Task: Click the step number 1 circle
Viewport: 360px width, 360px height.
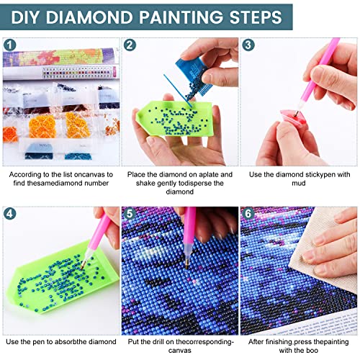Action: pyautogui.click(x=10, y=45)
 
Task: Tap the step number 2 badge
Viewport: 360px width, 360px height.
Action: pyautogui.click(x=130, y=45)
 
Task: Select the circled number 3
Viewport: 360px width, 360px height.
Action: pyautogui.click(x=248, y=45)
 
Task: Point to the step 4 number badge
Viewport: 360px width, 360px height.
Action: pyautogui.click(x=10, y=214)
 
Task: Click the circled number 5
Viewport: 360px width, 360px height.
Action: pyautogui.click(x=130, y=214)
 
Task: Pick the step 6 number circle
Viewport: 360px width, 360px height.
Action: pyautogui.click(x=248, y=214)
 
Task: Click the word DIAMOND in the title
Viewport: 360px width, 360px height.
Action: pyautogui.click(x=89, y=17)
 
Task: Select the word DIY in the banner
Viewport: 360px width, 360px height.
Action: pyautogui.click(x=26, y=17)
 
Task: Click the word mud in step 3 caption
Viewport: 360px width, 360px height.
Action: pyautogui.click(x=299, y=183)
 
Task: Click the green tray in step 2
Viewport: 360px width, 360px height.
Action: pyautogui.click(x=174, y=119)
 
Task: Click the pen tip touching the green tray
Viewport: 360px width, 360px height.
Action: pyautogui.click(x=82, y=267)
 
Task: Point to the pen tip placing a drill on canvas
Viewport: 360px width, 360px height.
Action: pyautogui.click(x=186, y=266)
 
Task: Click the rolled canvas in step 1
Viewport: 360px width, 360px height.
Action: pyautogui.click(x=61, y=57)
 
